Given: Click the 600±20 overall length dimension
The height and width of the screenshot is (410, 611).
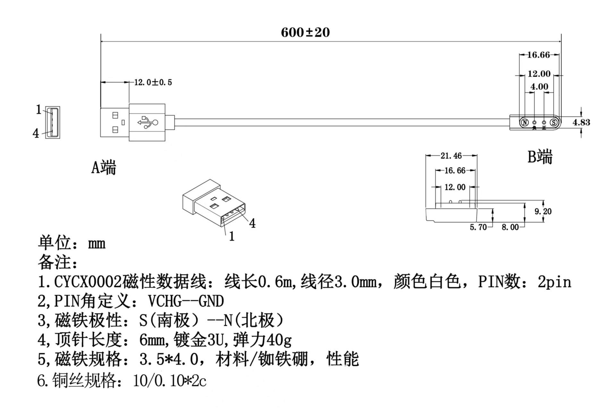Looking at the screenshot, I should (x=305, y=32).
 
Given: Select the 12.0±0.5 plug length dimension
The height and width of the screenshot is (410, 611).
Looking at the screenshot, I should (x=153, y=82).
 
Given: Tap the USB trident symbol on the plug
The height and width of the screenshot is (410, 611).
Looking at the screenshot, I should (x=148, y=122).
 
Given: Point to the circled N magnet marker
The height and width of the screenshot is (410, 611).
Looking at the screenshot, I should (x=525, y=122).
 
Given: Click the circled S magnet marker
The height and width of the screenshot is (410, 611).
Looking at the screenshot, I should (x=554, y=122).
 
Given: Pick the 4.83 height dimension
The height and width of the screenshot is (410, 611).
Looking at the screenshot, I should (x=581, y=122).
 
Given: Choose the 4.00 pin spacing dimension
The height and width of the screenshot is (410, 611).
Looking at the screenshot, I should (x=539, y=86).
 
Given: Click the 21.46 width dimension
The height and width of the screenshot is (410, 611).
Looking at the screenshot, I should (x=451, y=156).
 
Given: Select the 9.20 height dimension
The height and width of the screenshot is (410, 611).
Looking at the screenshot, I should (x=543, y=211).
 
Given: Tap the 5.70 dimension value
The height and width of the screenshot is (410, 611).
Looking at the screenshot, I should (x=478, y=227).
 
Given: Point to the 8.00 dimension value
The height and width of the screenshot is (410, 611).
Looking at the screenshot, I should (x=510, y=227).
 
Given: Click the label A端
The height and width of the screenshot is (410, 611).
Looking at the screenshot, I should (x=103, y=167).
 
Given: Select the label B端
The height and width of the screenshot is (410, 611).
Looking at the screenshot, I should (x=540, y=157).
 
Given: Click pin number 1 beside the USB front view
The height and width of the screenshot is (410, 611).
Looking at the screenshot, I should (x=38, y=110).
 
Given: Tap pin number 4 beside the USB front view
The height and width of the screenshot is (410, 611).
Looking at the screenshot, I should (x=36, y=133).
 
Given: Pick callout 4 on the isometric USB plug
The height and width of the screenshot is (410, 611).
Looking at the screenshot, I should (x=252, y=224).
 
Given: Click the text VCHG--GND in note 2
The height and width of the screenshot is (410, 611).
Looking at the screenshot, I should (x=186, y=301).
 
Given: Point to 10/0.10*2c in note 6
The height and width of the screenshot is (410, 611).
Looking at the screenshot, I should (x=170, y=381).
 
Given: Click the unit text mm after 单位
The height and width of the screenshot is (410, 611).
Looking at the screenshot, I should (x=97, y=244).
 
